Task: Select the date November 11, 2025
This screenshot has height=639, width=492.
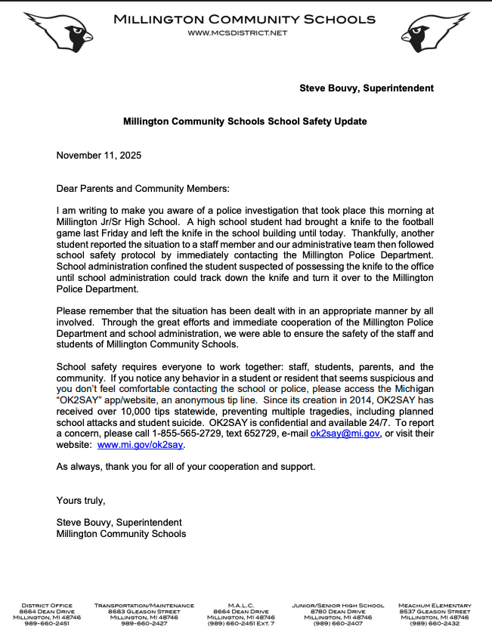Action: click(x=99, y=156)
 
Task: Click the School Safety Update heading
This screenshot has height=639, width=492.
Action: click(x=246, y=121)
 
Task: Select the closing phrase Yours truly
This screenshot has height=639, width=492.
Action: click(x=81, y=500)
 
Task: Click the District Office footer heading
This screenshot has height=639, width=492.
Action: click(x=47, y=606)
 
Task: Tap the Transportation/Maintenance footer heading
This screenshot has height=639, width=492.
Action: click(x=144, y=606)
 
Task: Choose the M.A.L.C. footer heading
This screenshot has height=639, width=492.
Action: click(x=240, y=606)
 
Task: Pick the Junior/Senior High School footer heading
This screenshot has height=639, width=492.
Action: click(x=338, y=606)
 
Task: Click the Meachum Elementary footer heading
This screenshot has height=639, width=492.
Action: click(x=435, y=606)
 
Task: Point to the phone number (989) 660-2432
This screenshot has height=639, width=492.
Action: click(x=435, y=624)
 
